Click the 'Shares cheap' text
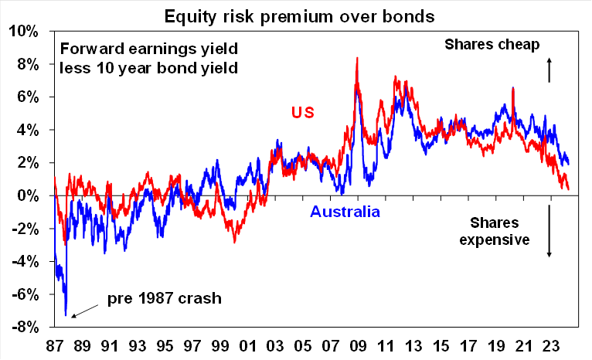(x=492, y=44)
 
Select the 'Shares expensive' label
(x=494, y=231)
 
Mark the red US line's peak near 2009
(x=356, y=58)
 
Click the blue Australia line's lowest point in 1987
(x=66, y=316)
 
